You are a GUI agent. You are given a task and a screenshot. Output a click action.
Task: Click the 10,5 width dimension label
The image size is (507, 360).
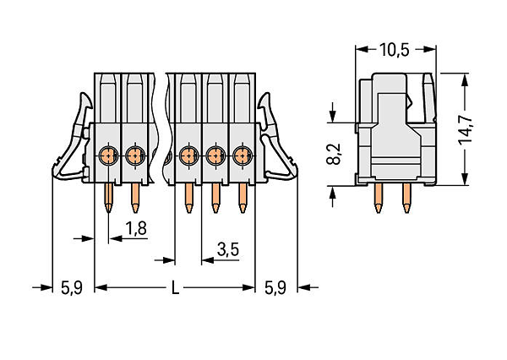(x=394, y=50)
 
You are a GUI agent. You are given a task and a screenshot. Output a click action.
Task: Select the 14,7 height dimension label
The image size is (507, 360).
(x=466, y=129)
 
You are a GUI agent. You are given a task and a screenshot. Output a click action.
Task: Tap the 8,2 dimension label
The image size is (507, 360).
(x=334, y=154)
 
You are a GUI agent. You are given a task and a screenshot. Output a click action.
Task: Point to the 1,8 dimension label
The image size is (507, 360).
(x=136, y=228)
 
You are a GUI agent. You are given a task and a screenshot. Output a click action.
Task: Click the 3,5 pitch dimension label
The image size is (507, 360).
(x=228, y=249)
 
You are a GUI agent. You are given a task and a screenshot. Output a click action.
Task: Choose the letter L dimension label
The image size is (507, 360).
(x=175, y=287)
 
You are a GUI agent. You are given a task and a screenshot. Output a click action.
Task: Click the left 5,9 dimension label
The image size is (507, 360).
(x=72, y=287)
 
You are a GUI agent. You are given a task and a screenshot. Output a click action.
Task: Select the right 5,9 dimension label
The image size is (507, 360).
(x=275, y=287)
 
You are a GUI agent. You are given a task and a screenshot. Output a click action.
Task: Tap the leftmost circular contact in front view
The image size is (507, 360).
(x=108, y=155)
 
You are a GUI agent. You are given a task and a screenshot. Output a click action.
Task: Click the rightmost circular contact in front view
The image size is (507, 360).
(x=242, y=155)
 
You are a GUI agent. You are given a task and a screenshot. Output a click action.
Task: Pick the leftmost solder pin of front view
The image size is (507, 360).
(x=109, y=198)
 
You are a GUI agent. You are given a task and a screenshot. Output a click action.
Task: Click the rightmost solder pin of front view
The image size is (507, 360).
(x=243, y=198)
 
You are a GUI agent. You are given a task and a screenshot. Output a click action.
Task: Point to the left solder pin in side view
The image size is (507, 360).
(x=378, y=198)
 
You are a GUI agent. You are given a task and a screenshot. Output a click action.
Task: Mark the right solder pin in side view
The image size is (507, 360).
(x=406, y=198)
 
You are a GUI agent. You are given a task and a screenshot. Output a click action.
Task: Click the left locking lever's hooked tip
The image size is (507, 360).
(x=85, y=99)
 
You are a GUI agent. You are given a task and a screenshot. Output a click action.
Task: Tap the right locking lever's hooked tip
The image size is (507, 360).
(x=264, y=99)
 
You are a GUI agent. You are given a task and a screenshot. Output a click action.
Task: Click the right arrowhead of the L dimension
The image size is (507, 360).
(x=248, y=287)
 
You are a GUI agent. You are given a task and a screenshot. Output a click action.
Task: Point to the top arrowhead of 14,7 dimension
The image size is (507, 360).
(x=465, y=79)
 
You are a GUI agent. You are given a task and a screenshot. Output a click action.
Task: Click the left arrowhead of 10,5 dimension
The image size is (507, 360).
(x=362, y=50)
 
